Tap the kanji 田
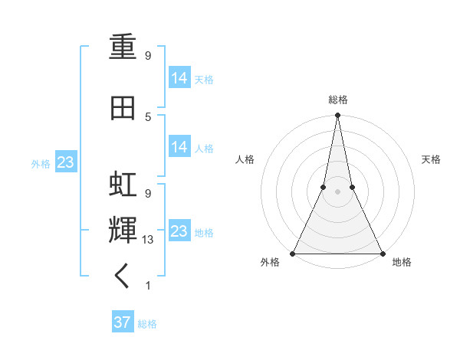pyautogui.click(x=123, y=108)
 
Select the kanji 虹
pyautogui.click(x=123, y=185)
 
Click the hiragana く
pyautogui.click(x=123, y=276)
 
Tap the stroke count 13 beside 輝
pyautogui.click(x=149, y=240)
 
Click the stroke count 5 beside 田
pyautogui.click(x=148, y=116)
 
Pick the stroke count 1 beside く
pyautogui.click(x=148, y=286)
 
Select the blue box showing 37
pyautogui.click(x=122, y=322)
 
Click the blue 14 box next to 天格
pyautogui.click(x=179, y=77)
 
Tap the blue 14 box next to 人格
pyautogui.click(x=179, y=146)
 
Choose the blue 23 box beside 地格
pyautogui.click(x=179, y=231)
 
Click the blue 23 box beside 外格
pyautogui.click(x=65, y=162)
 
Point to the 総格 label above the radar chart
pyautogui.click(x=337, y=100)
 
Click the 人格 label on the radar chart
pyautogui.click(x=245, y=159)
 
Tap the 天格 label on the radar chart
pyautogui.click(x=431, y=159)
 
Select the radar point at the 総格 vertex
pyautogui.click(x=337, y=116)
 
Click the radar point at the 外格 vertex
pyautogui.click(x=293, y=254)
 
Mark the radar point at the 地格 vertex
pyautogui.click(x=382, y=254)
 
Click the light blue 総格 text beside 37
pyautogui.click(x=147, y=324)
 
